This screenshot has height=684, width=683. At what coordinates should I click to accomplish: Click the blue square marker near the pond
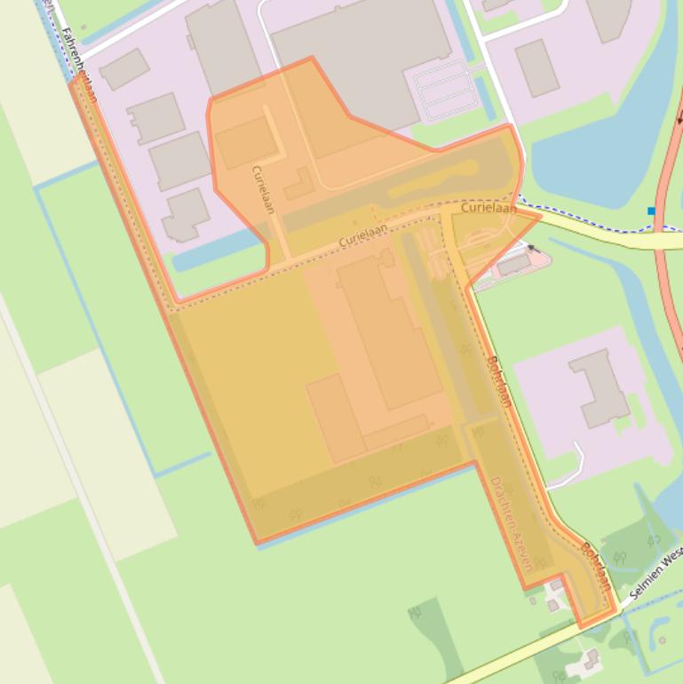click(x=651, y=211)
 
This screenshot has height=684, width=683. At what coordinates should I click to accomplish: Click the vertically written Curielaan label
click(x=264, y=188)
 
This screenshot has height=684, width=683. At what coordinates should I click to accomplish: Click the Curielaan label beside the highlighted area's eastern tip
click(x=488, y=208)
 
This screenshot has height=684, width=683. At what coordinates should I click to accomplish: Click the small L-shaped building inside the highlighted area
click(x=300, y=185)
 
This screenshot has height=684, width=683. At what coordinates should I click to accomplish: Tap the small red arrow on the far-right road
click(x=679, y=119)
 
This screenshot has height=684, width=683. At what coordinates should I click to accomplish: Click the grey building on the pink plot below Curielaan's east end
click(x=513, y=265)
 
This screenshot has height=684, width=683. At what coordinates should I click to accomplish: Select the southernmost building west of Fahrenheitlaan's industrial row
click(x=186, y=216)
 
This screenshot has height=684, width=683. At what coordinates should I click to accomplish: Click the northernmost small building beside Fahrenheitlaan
click(x=123, y=68)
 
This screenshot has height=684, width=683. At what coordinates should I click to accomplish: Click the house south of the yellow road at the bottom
click(x=586, y=661)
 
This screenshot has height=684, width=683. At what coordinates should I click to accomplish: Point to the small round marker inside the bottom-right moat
click(x=663, y=640)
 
